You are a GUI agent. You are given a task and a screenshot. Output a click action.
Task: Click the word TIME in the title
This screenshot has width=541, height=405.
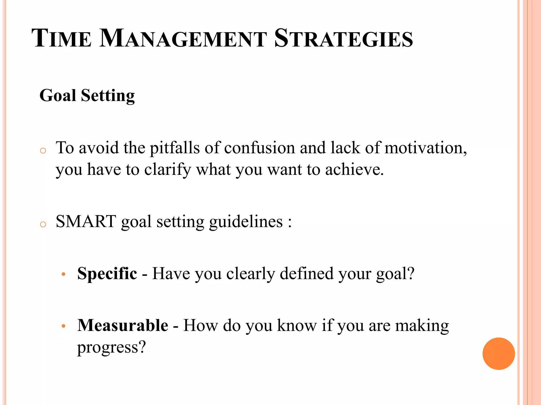pos(62,38)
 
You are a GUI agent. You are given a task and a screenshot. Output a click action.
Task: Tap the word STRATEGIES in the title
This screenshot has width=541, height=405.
pos(343,38)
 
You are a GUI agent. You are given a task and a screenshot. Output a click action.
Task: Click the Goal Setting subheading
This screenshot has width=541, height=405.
pos(87,95)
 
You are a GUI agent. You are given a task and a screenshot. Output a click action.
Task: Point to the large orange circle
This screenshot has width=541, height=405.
pos(498,354)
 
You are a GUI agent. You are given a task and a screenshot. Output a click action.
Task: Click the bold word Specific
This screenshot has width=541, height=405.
pos(107,273)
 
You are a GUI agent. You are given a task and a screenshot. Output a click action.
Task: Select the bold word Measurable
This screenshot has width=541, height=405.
pos(123,325)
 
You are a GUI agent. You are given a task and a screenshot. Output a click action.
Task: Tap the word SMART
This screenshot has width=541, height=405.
pos(86,221)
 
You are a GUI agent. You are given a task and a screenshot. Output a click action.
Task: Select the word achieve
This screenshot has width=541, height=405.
pos(354,170)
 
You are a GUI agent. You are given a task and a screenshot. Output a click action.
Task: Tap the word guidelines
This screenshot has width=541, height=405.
pos(246,222)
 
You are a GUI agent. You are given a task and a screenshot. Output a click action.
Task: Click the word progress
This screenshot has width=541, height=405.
pos(111,348)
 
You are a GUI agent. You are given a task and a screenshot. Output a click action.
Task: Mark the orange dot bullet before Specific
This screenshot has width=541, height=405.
pos(63,274)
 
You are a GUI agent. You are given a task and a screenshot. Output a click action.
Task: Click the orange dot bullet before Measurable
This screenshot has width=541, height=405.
pos(63,326)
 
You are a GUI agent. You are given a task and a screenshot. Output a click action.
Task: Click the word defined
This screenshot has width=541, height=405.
pos(307,273)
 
